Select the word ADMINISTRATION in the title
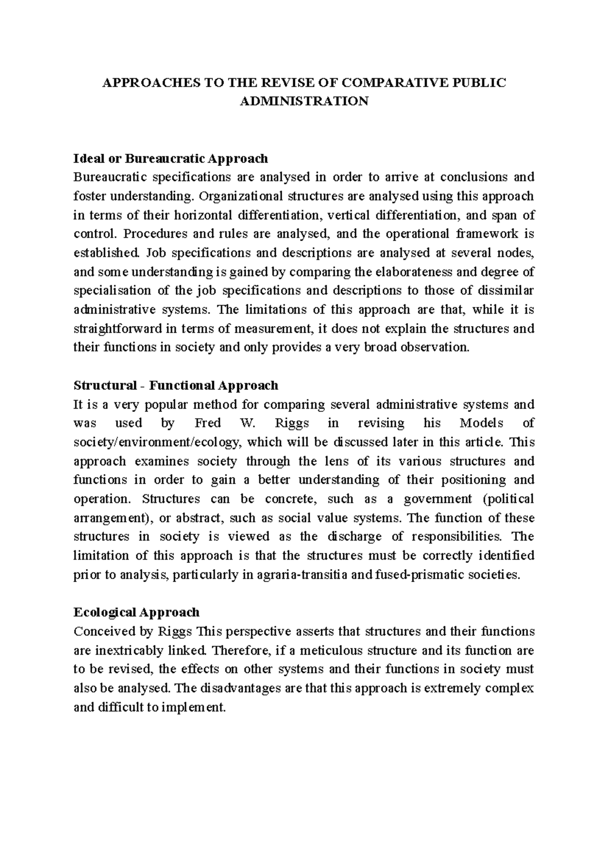(x=304, y=101)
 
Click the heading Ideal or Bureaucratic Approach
(x=171, y=159)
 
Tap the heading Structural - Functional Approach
(x=176, y=385)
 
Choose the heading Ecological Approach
(x=137, y=613)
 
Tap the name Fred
(x=207, y=423)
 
